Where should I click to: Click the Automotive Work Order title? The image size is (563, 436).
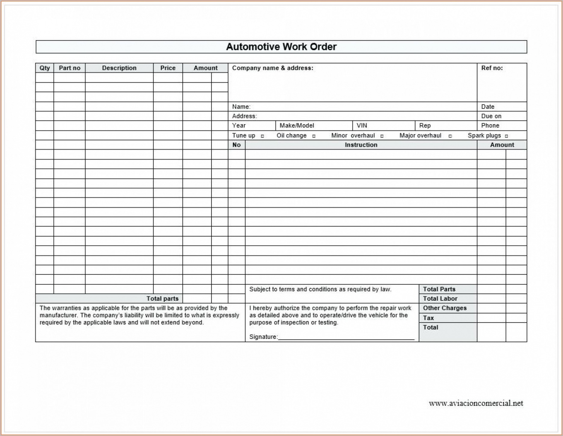[x=281, y=47]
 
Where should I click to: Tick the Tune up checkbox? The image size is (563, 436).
[x=262, y=136]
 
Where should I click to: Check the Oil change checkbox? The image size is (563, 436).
[x=314, y=136]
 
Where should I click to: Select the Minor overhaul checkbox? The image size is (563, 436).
[x=382, y=136]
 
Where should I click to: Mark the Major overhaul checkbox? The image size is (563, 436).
[x=450, y=136]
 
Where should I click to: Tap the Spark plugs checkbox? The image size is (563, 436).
[x=506, y=136]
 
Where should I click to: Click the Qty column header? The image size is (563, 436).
[x=45, y=68]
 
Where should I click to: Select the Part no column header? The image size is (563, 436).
[x=69, y=68]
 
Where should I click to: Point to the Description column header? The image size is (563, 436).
[x=119, y=68]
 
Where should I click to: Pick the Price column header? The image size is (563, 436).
[x=168, y=68]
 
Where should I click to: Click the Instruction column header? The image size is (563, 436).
[x=361, y=145]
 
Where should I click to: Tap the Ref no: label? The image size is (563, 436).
[x=492, y=68]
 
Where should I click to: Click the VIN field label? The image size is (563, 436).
[x=362, y=125]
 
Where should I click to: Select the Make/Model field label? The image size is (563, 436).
[x=297, y=125]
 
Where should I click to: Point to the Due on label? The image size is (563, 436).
[x=491, y=116]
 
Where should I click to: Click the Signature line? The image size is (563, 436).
[x=346, y=337]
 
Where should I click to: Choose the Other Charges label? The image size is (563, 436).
[x=445, y=308]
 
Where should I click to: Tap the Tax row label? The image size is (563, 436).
[x=428, y=318]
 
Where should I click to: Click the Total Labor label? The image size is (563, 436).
[x=440, y=299]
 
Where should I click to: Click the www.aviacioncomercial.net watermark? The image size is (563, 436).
[x=476, y=403]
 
